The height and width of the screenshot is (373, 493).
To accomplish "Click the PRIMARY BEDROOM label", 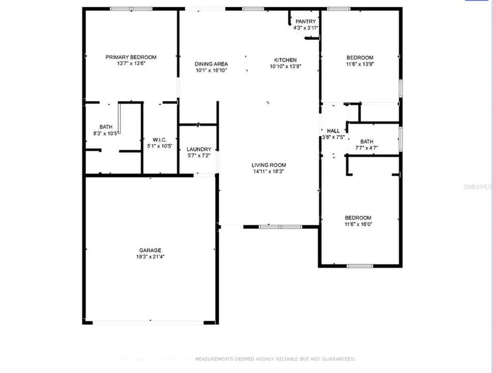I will coord(131,57).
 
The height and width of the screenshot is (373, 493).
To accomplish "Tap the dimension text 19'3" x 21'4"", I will coord(150,256).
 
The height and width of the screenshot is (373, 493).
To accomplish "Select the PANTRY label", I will coord(306,21).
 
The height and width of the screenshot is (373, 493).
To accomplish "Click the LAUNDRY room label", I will coord(199,149).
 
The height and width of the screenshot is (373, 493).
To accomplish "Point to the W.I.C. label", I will coord(159,139).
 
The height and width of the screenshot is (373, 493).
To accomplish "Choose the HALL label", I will coord(333,131).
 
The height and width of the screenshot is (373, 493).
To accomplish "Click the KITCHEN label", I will coord(285,60).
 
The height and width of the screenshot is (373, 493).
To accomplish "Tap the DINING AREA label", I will coord(211,64).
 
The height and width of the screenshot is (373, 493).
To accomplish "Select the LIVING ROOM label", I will coord(269,165).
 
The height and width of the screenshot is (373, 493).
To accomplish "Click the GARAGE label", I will coord(150,250).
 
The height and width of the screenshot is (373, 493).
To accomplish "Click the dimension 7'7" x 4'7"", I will coord(367,148).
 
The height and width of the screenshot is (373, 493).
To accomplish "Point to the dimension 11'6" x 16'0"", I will coord(358,224).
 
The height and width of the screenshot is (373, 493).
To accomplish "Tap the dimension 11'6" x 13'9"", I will coord(360,64).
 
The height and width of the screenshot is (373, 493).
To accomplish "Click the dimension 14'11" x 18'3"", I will coord(269,171).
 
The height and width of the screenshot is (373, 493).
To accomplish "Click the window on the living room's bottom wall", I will coord(280,226).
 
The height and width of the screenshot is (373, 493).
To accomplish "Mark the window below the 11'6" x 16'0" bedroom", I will coord(360,266).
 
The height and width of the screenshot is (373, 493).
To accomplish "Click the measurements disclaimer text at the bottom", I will coord(275,358).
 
